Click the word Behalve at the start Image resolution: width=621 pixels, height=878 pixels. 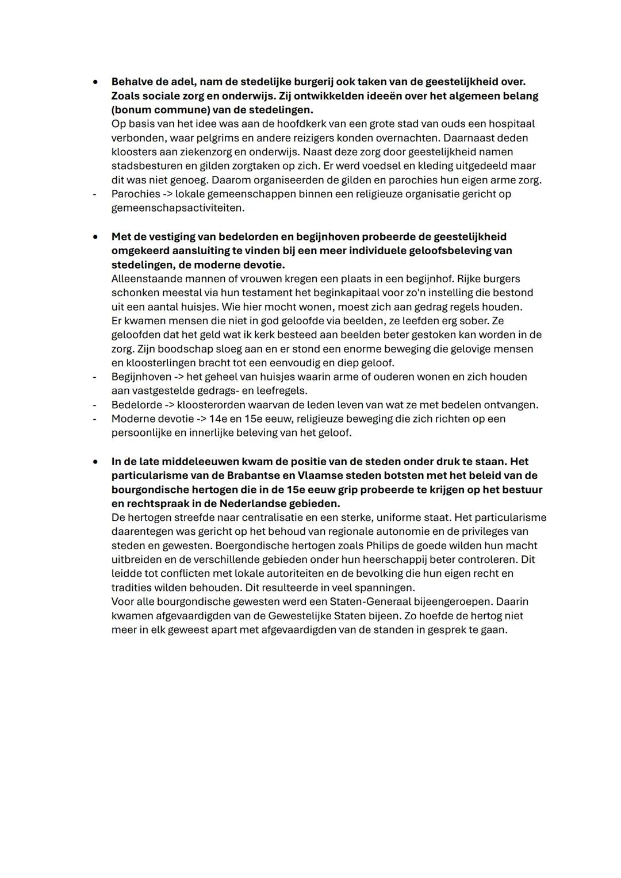pos(132,82)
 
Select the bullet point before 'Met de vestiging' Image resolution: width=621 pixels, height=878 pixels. pos(95,237)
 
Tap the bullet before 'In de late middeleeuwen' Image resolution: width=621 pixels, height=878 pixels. pos(95,462)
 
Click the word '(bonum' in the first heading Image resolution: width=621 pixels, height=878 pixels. pos(131,109)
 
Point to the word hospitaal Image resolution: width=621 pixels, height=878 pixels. pos(511,124)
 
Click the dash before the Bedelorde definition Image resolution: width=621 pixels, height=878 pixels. pos(94,405)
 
